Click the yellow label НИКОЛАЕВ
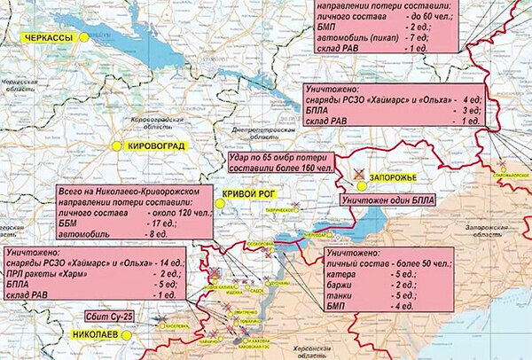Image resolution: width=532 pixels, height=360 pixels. [x=94, y=335]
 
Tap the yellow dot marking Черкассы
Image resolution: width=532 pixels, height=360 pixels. [x=83, y=37]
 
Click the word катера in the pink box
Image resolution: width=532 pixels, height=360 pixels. [x=342, y=274]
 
